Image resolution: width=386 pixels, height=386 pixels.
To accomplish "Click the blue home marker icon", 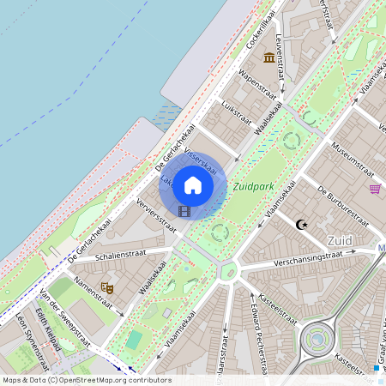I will click(x=193, y=185).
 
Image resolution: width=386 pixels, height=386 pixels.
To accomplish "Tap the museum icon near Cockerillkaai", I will click(x=269, y=57).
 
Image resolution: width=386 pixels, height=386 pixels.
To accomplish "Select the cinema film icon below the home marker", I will click(x=184, y=210).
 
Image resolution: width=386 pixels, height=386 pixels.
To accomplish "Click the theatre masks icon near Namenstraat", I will click(x=106, y=287).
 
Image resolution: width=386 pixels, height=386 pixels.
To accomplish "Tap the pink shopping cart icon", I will click(x=375, y=189).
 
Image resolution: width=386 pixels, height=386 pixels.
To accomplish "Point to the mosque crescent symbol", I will click(x=300, y=225).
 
